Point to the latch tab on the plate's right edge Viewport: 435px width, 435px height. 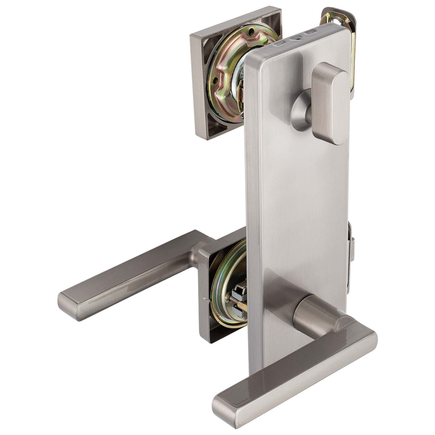351,249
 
